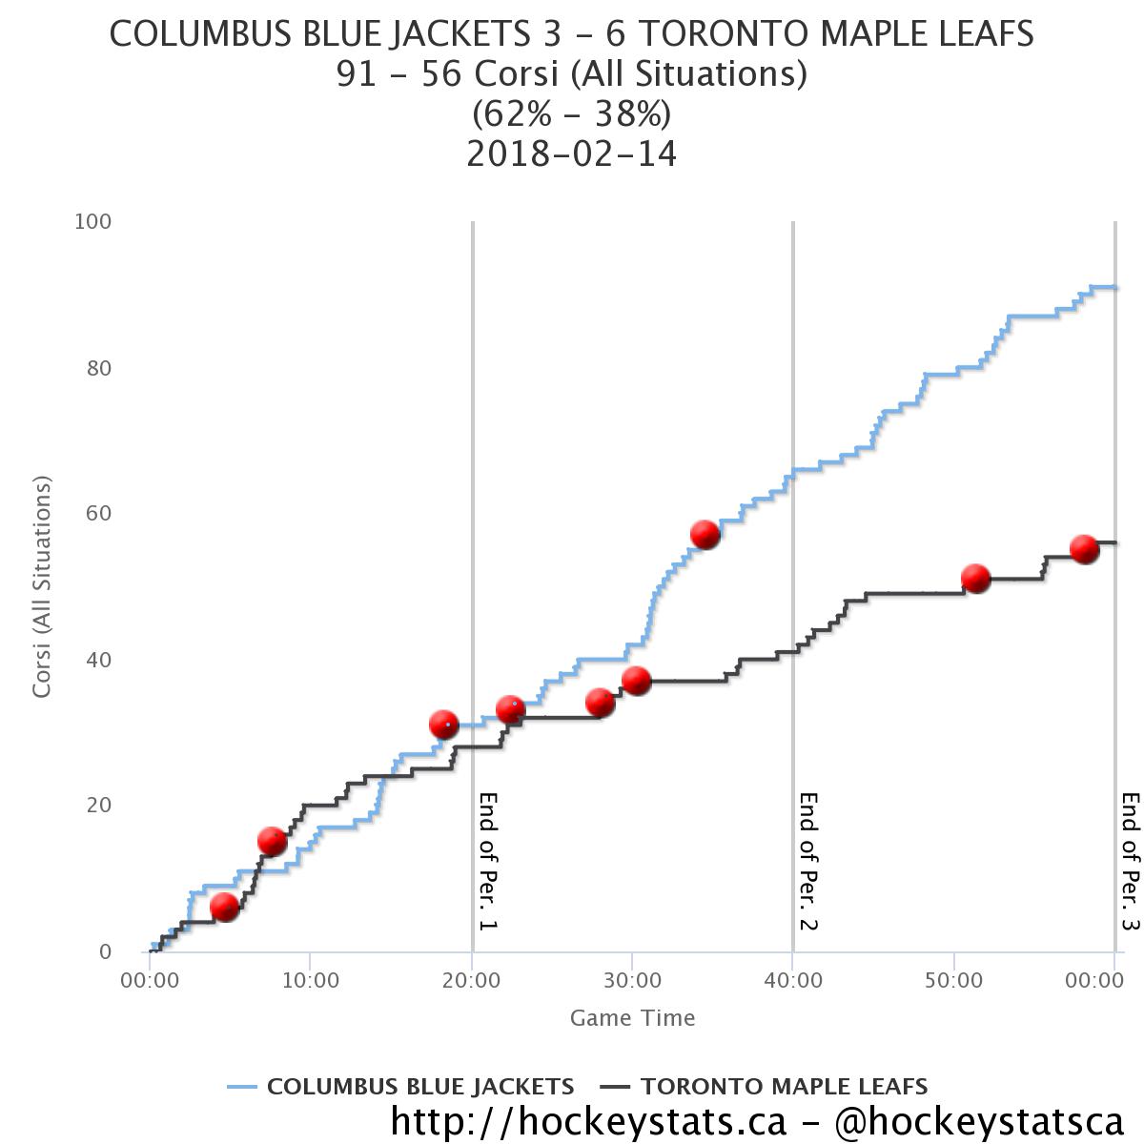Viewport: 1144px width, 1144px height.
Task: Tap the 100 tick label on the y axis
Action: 93,222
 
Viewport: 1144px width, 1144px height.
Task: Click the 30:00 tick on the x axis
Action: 632,979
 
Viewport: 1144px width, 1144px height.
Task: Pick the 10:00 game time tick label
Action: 310,979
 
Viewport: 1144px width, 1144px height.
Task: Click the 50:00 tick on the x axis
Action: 954,979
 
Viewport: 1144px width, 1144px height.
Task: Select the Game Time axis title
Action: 632,1018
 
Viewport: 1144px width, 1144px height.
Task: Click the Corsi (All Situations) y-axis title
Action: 41,587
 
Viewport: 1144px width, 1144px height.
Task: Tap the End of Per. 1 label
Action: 489,861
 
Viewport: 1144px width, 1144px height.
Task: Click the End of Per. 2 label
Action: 809,861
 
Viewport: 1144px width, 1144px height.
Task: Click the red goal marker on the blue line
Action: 705,535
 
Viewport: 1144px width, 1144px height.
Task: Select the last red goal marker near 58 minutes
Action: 1084,549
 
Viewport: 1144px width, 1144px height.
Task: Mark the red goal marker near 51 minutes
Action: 975,579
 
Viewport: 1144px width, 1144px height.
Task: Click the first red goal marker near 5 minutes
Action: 224,907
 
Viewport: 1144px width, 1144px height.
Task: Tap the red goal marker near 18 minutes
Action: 444,725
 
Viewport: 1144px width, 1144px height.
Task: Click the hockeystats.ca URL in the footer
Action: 588,1121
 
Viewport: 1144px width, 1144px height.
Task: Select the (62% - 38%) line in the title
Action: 571,114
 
